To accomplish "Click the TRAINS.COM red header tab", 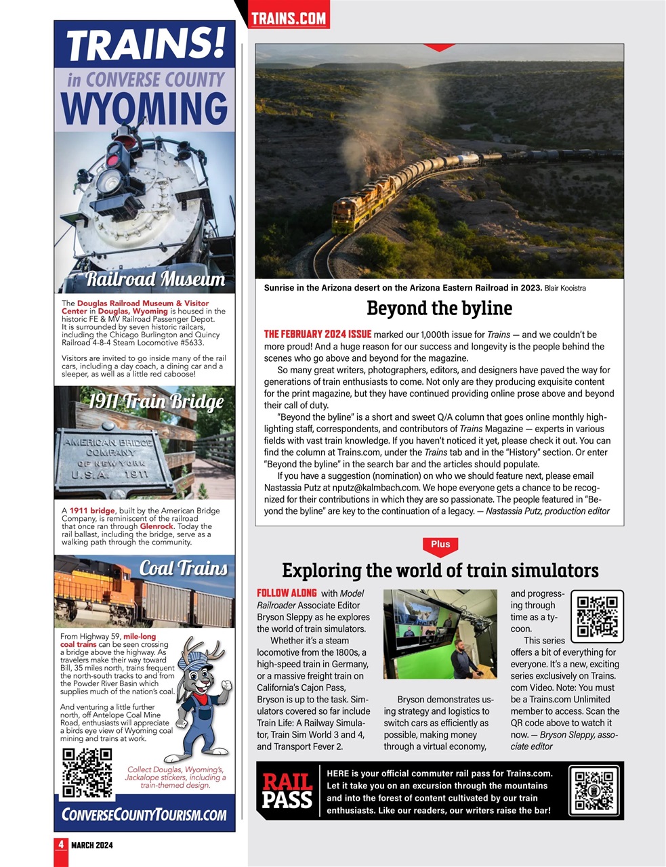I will tap(289, 18).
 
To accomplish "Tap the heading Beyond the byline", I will tap(439, 308).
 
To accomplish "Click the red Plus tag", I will tap(440, 545).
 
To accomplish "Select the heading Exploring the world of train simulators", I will tap(440, 570).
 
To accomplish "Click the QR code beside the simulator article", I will tap(596, 616).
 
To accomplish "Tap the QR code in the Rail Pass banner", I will tap(594, 790).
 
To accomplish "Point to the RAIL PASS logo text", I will tap(287, 791).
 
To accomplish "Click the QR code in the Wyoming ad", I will tap(87, 773).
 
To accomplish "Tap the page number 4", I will tap(61, 845).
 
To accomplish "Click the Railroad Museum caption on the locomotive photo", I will tap(155, 279).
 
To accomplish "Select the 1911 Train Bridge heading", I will tap(156, 402).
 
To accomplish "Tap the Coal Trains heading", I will tap(183, 568).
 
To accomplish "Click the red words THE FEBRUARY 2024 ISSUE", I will tap(317, 334).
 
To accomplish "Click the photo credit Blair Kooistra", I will tap(565, 289).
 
